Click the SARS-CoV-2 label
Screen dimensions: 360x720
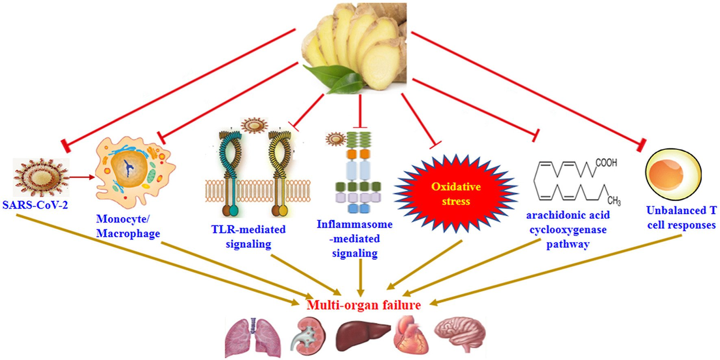35,204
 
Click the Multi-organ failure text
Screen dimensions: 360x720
363,305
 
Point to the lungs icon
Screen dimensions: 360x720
253,338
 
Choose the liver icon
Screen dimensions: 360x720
362,335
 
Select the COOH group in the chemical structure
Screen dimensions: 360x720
606,163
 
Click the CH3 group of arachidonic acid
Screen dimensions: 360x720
614,201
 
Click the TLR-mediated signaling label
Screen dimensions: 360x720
248,236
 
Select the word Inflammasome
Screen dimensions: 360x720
355,224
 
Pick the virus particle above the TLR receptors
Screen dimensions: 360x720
254,125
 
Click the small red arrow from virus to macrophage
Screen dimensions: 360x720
81,177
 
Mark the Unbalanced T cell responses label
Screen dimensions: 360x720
681,218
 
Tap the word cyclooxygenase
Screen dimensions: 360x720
568,230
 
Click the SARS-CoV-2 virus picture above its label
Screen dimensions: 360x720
41,178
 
